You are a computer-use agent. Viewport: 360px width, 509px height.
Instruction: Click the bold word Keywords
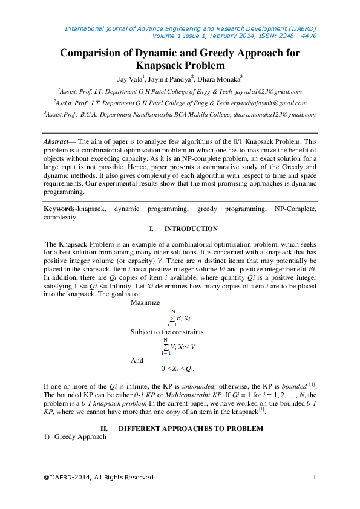click(59, 209)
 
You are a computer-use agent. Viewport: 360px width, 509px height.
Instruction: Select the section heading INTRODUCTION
click(191, 229)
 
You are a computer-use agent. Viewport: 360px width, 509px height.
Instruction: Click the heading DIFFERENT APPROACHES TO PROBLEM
click(191, 429)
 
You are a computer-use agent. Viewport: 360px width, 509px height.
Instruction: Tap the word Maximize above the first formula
click(145, 302)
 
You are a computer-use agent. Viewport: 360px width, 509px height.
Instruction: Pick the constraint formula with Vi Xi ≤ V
click(178, 346)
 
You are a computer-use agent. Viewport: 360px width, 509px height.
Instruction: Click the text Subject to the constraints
click(167, 332)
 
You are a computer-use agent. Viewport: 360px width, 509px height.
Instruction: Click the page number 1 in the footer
click(315, 478)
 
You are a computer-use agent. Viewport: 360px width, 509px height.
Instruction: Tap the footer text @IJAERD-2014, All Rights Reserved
click(99, 478)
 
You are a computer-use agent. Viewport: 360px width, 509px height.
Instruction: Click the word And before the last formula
click(137, 360)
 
